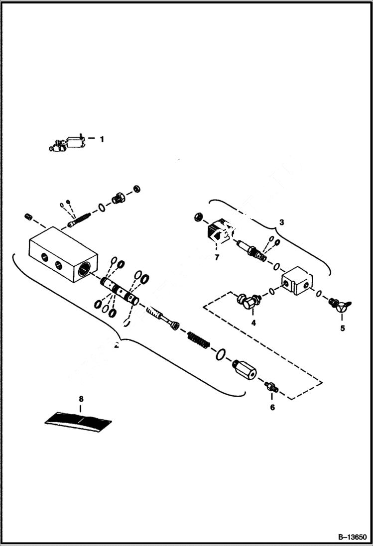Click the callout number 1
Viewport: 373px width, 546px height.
pos(102,139)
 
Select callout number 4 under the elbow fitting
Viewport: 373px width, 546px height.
pos(253,323)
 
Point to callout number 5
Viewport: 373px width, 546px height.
pos(342,328)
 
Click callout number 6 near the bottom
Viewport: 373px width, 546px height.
pos(272,407)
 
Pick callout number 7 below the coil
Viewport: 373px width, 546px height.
pos(217,257)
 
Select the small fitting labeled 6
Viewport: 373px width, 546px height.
pos(272,386)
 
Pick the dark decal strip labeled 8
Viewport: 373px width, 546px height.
pos(79,421)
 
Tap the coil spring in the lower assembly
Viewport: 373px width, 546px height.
pos(199,342)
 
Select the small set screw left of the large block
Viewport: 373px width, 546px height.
pos(28,217)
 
